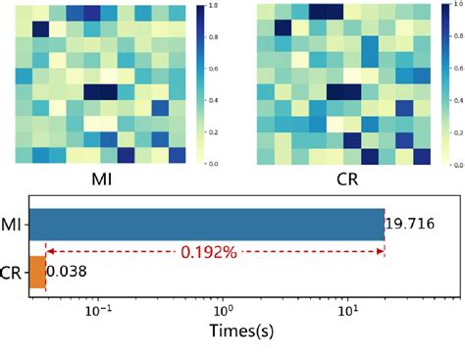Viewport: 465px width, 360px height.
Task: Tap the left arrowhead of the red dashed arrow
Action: pyautogui.click(x=49, y=252)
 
